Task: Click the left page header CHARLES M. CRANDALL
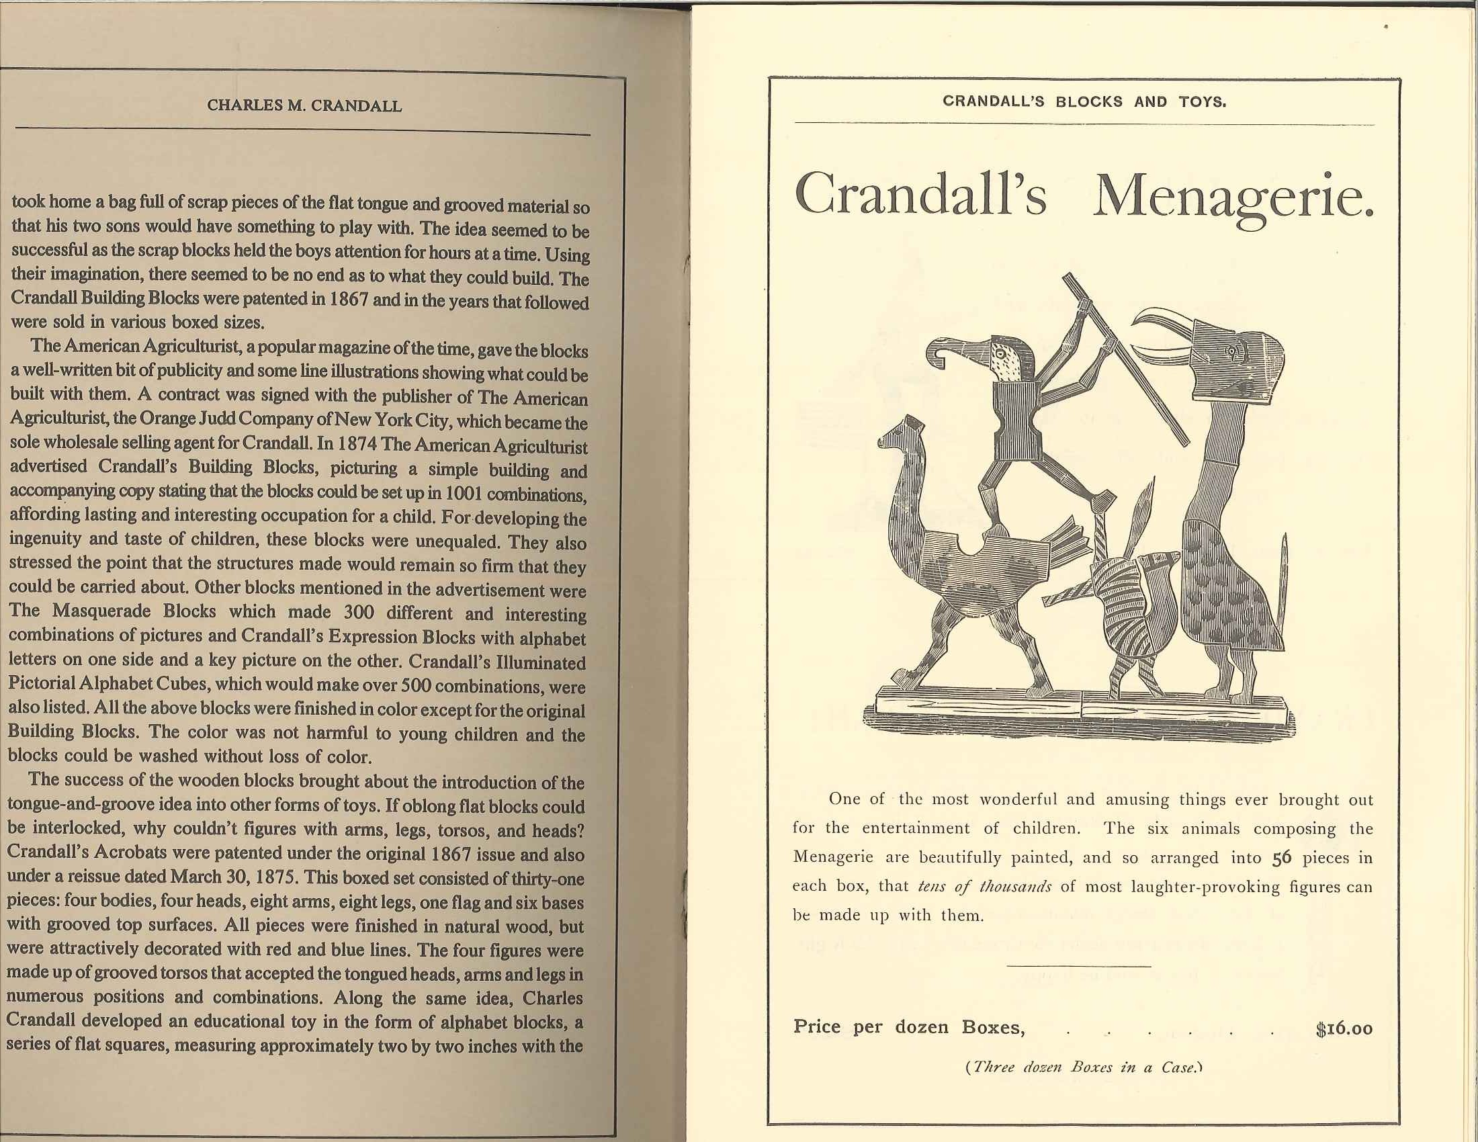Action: [x=304, y=106]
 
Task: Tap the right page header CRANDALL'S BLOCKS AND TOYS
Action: [x=1084, y=102]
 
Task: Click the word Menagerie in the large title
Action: [x=1233, y=195]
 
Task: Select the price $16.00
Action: [x=1344, y=1029]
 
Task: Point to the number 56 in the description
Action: [x=1282, y=858]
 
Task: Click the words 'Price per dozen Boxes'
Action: [x=909, y=1027]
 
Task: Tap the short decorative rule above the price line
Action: [x=1079, y=965]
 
